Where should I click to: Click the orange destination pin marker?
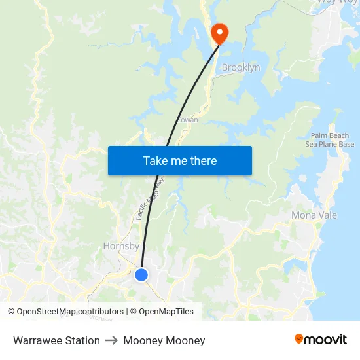click(218, 33)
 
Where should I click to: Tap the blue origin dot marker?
click(141, 275)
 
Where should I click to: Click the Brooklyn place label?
click(240, 68)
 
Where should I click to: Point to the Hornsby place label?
click(121, 247)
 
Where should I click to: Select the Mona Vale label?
click(313, 215)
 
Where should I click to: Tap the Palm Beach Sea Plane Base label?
click(330, 140)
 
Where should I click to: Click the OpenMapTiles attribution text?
click(166, 312)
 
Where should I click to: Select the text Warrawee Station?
click(56, 340)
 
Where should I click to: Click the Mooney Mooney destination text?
click(164, 340)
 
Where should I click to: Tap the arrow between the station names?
click(111, 340)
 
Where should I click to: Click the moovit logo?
click(320, 339)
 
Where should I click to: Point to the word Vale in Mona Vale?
click(325, 215)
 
